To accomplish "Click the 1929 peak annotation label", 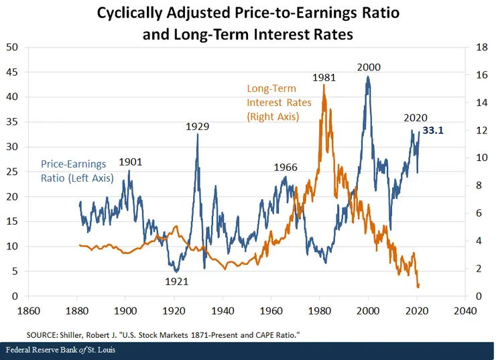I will [x=198, y=126].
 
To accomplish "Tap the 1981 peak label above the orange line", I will [x=324, y=78].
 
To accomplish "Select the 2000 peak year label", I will [x=369, y=67].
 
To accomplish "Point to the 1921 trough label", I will [x=176, y=282].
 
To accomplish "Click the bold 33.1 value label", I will [x=433, y=131].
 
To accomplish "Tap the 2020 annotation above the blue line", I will [x=416, y=117].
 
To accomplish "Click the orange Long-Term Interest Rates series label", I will [x=273, y=103].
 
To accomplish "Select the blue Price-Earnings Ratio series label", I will [x=77, y=170].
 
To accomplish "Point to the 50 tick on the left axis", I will [x=12, y=47].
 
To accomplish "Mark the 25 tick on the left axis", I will [x=12, y=172].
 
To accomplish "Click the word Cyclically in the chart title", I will [x=130, y=13].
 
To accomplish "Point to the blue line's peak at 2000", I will [x=368, y=77].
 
